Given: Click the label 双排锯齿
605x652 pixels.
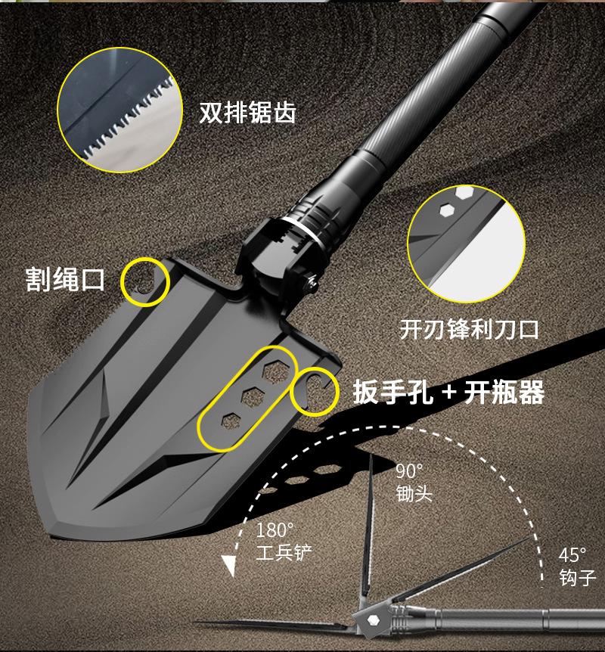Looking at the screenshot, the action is tap(247, 113).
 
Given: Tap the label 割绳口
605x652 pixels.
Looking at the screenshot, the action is tap(64, 279).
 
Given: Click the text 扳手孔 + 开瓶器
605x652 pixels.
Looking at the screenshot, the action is tap(449, 393).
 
